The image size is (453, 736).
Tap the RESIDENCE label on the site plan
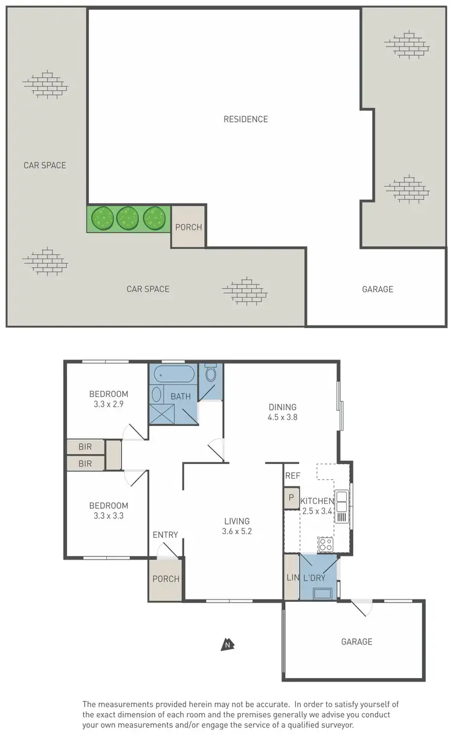(x=245, y=119)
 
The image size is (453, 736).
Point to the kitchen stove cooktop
(x=326, y=544)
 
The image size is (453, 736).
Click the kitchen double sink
(x=341, y=506)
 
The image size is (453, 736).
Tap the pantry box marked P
(x=291, y=499)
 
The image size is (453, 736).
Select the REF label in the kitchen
(x=292, y=476)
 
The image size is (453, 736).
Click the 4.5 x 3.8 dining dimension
(x=283, y=417)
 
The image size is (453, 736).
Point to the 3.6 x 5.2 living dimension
(x=237, y=532)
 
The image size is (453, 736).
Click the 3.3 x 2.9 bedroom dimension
(x=109, y=404)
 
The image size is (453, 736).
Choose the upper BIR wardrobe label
(x=85, y=447)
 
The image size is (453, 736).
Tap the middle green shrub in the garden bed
(x=128, y=218)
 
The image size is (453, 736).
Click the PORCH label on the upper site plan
(x=188, y=227)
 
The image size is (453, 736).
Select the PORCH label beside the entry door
(x=165, y=579)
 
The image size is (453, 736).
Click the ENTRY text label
(x=165, y=535)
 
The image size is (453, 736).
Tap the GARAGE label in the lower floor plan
(x=356, y=642)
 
